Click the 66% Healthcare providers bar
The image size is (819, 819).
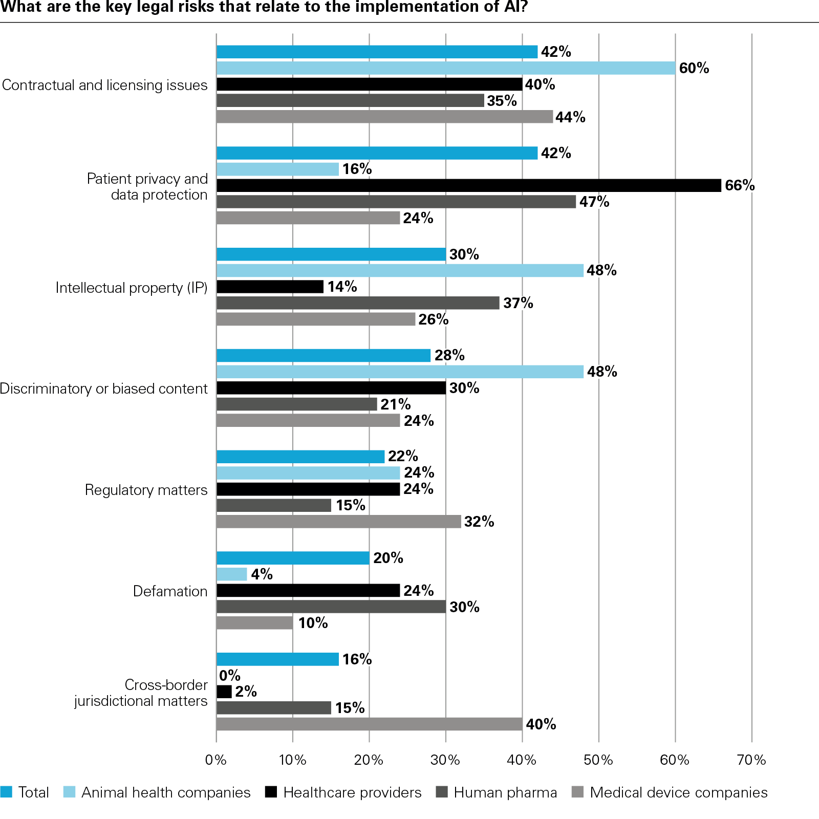click(468, 185)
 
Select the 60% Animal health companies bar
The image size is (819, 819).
click(445, 68)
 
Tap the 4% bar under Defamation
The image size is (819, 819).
click(231, 574)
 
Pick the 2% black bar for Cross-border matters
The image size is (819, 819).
click(224, 692)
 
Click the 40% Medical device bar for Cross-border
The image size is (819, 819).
click(369, 724)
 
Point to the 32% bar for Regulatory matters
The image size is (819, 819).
click(338, 522)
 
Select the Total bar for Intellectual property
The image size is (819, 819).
click(331, 254)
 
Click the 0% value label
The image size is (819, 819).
click(229, 676)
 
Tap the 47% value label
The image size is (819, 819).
click(594, 202)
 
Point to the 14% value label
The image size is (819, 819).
click(342, 287)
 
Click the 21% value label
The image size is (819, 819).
click(395, 404)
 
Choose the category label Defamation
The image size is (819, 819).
click(170, 591)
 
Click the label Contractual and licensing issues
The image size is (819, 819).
click(104, 85)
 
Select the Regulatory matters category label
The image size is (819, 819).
click(146, 490)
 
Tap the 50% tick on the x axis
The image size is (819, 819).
click(598, 760)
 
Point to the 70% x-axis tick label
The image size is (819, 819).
click(751, 760)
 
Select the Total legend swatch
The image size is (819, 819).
click(6, 792)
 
